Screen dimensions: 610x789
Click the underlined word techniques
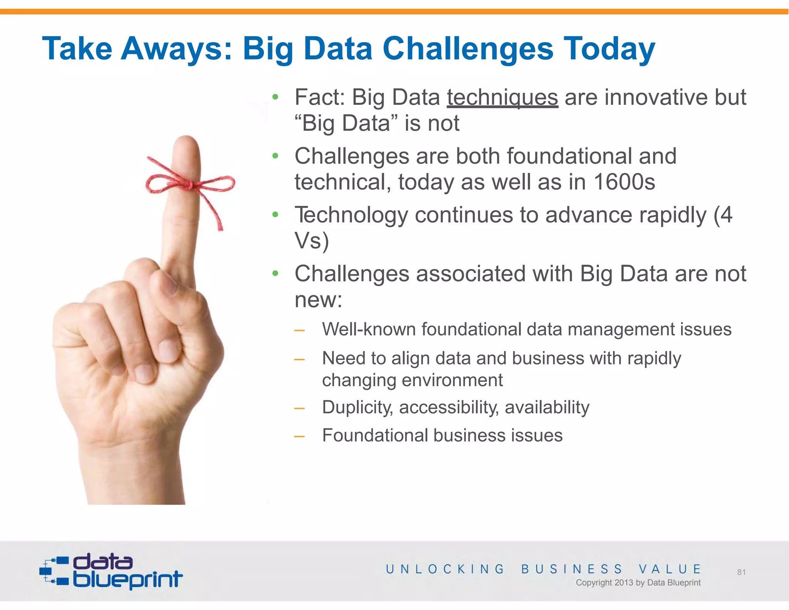pyautogui.click(x=502, y=98)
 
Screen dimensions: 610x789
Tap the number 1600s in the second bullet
pyautogui.click(x=624, y=182)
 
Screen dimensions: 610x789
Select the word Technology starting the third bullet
pyautogui.click(x=351, y=215)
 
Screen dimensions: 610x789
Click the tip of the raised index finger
pyautogui.click(x=187, y=140)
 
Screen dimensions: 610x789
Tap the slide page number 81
pyautogui.click(x=741, y=572)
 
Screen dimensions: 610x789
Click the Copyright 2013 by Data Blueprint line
pyautogui.click(x=638, y=583)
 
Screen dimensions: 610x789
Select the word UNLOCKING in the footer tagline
pyautogui.click(x=445, y=569)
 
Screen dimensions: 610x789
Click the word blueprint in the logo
pyautogui.click(x=128, y=579)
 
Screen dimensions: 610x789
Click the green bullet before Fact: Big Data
pyautogui.click(x=275, y=97)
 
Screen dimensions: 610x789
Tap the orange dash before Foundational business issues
pyautogui.click(x=299, y=436)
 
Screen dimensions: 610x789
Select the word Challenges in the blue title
pyautogui.click(x=468, y=49)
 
